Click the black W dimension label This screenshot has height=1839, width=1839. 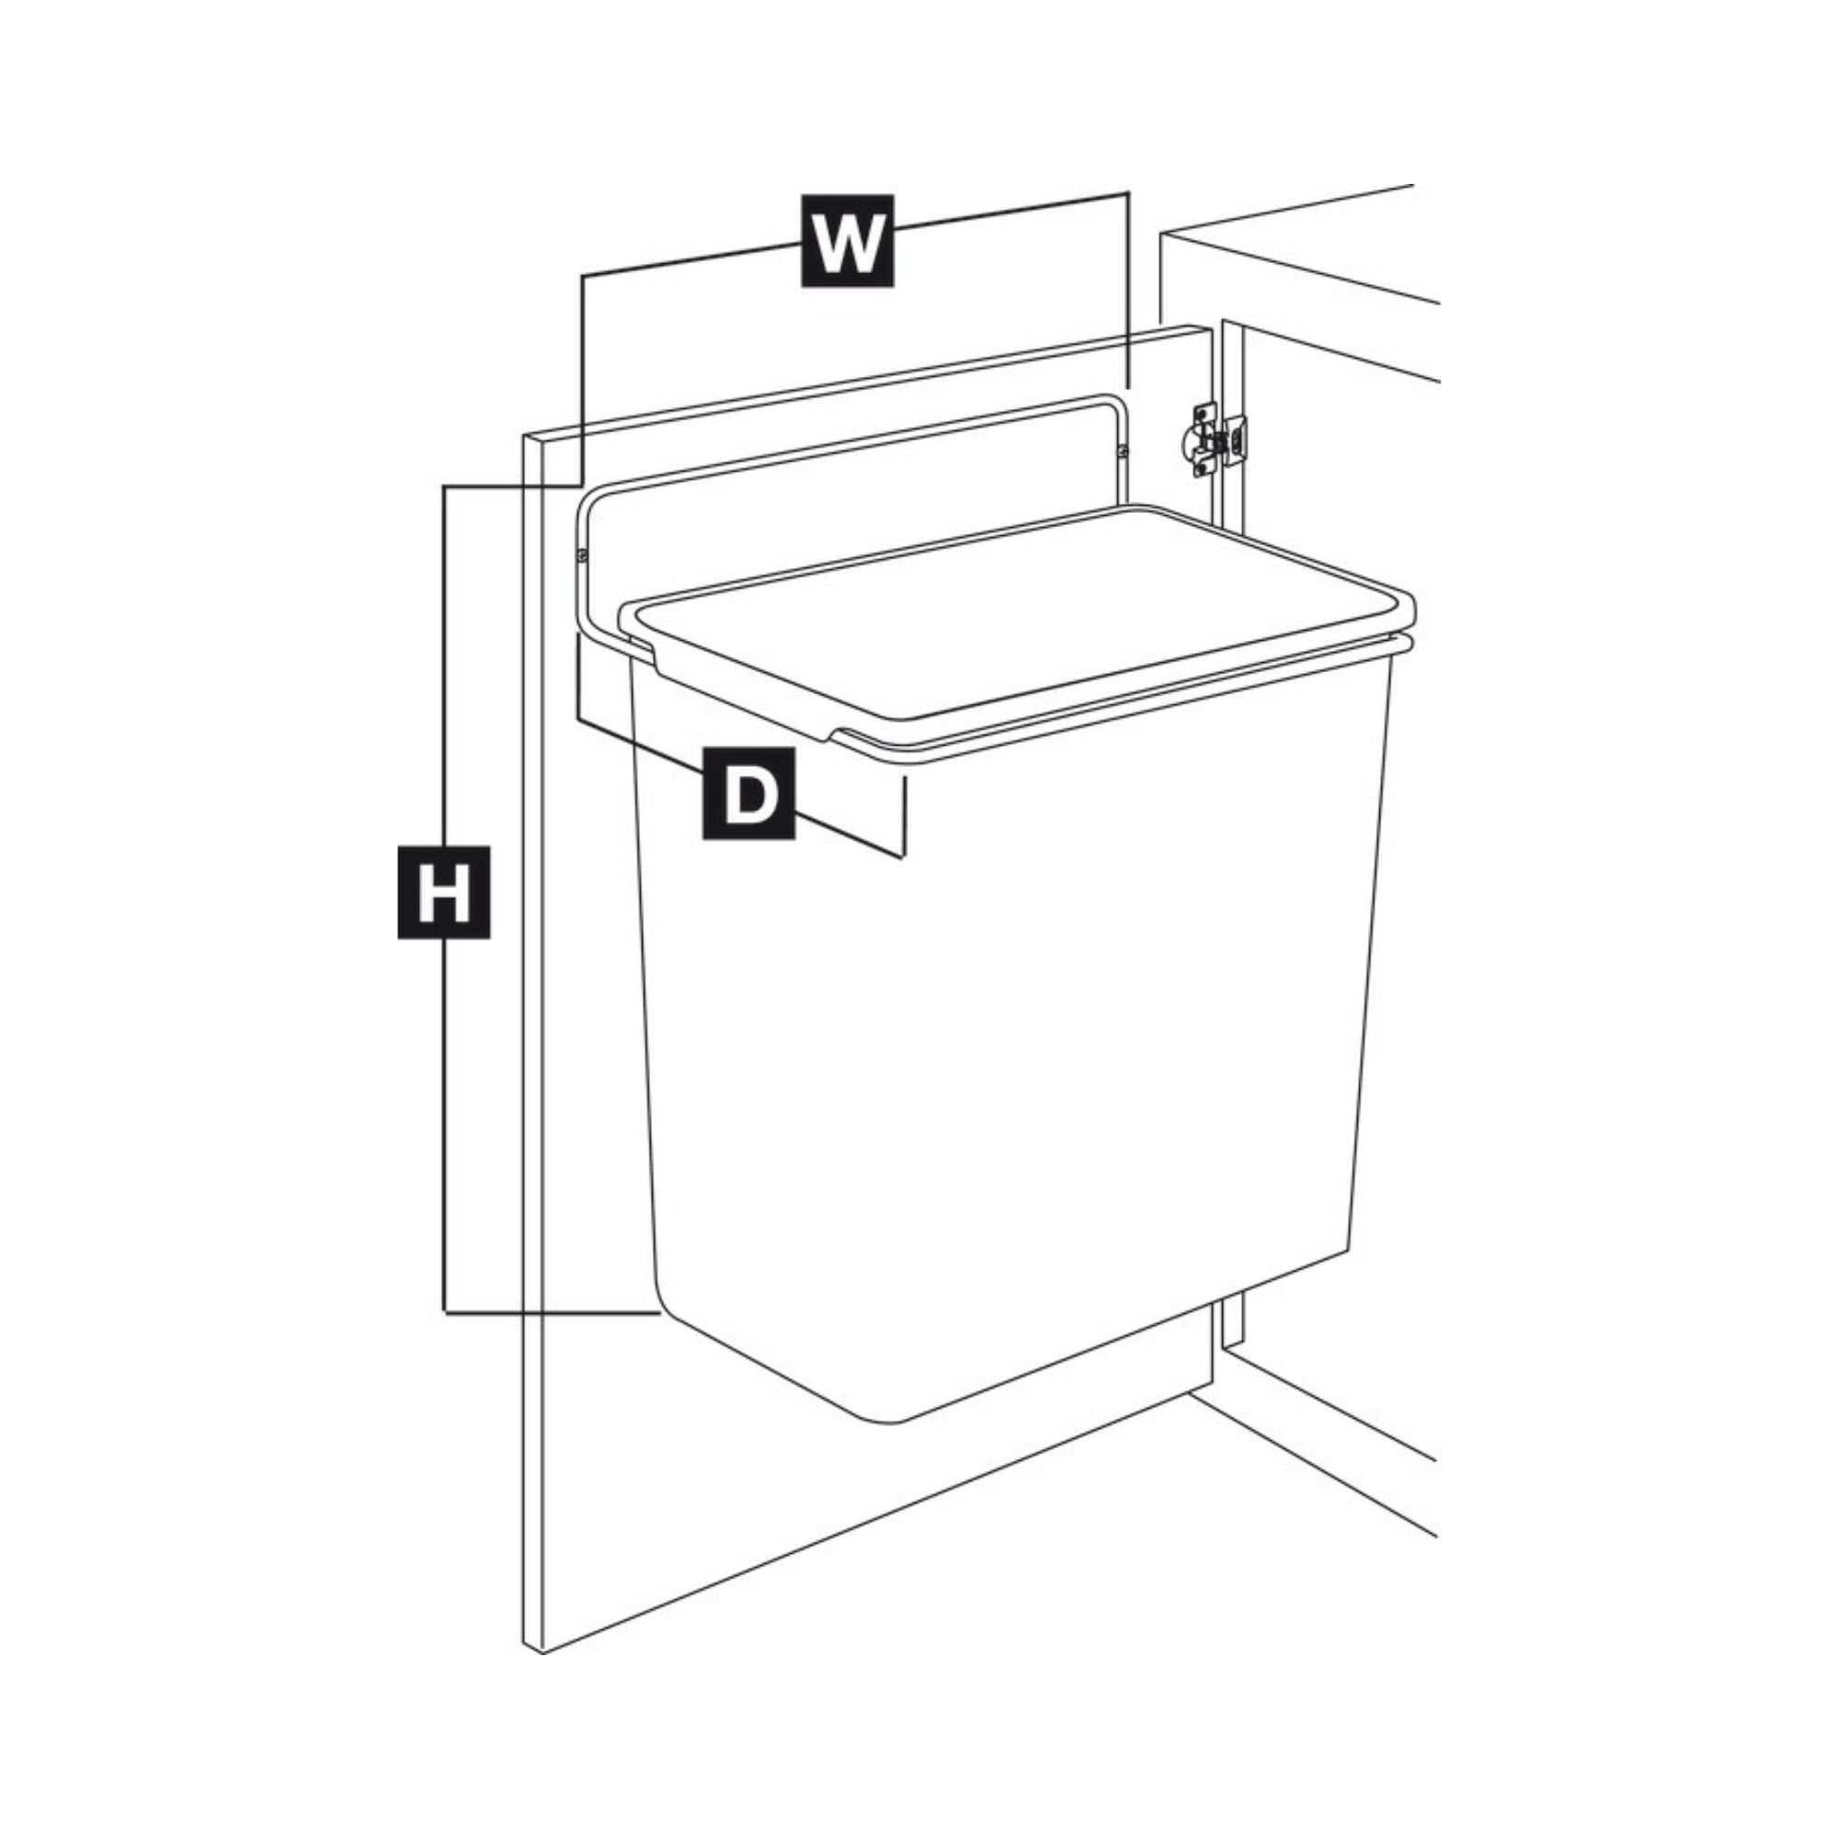(847, 241)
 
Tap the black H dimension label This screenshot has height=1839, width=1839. (443, 892)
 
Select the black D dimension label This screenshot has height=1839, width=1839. (748, 793)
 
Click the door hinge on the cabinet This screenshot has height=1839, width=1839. (1216, 439)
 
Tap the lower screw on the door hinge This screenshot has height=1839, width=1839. (1201, 465)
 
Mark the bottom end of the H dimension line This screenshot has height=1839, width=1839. (447, 1313)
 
